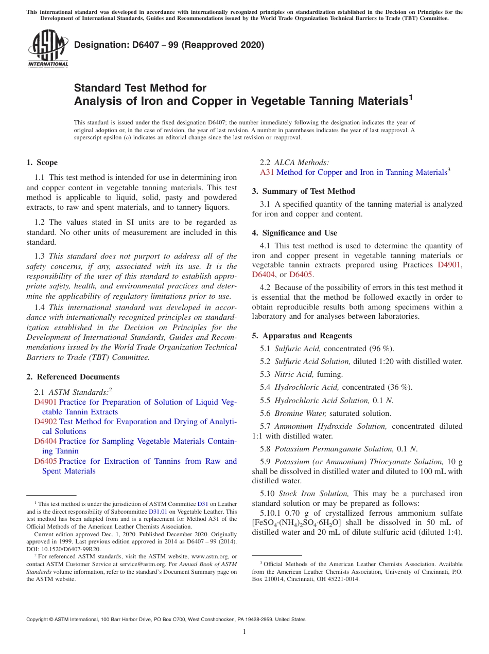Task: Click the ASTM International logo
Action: (47, 48)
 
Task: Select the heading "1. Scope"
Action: (42, 162)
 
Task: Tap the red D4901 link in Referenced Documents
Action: (46, 402)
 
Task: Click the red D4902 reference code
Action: (46, 422)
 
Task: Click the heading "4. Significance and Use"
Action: (294, 233)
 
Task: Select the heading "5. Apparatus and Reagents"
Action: (302, 336)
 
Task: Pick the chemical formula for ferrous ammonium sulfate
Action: (296, 523)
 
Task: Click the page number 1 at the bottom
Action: (244, 631)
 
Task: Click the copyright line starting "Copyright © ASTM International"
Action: (166, 620)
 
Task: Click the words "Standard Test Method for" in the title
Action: (140, 88)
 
